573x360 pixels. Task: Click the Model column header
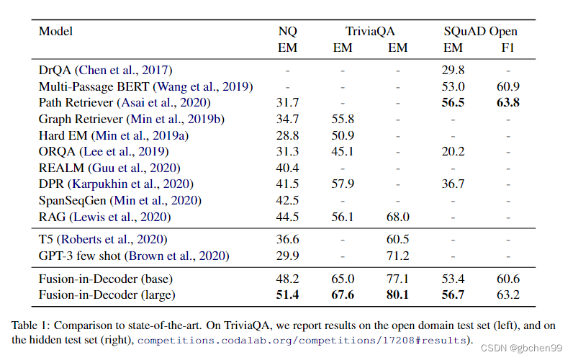click(x=55, y=31)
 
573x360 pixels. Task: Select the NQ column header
click(x=287, y=31)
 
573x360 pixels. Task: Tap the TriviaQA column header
click(x=369, y=31)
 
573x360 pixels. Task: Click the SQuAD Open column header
click(x=480, y=31)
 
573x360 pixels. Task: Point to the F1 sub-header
click(x=507, y=48)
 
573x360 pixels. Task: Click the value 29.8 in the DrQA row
click(x=453, y=70)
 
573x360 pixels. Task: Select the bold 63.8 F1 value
click(x=507, y=103)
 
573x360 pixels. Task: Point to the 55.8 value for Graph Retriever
click(x=342, y=119)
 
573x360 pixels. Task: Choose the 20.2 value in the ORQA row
click(x=453, y=151)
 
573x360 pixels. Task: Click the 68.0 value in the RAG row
click(x=397, y=217)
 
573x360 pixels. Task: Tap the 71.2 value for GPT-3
click(x=397, y=256)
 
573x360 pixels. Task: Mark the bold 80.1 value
click(x=397, y=294)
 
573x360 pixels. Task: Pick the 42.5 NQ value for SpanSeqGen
click(x=287, y=200)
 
